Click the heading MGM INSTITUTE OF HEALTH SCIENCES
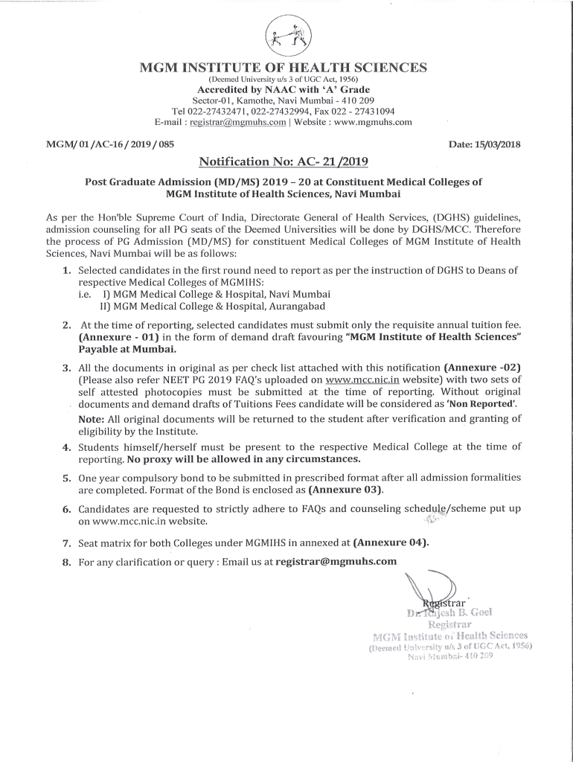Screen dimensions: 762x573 tap(284, 68)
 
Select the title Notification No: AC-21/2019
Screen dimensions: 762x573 tap(284, 161)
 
